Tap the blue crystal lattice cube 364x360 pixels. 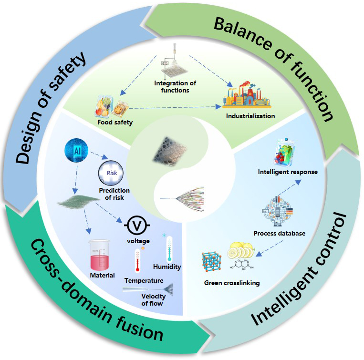click(214, 262)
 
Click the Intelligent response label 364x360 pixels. click(287, 172)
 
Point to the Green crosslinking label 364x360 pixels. click(232, 283)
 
